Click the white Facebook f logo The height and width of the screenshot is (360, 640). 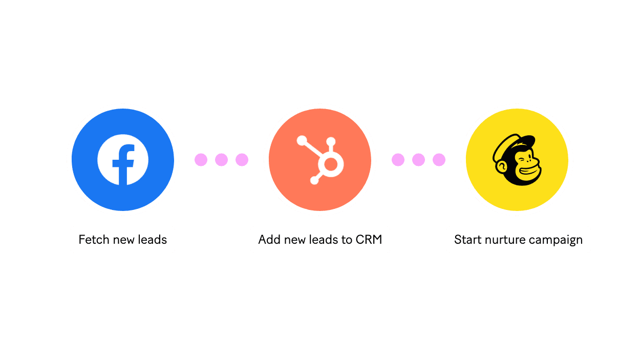pyautogui.click(x=123, y=160)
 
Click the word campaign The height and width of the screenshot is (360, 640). pyautogui.click(x=556, y=240)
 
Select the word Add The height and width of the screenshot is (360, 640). pyautogui.click(x=269, y=240)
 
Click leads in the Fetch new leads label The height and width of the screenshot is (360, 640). pyautogui.click(x=153, y=240)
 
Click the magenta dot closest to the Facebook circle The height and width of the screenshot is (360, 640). pyautogui.click(x=201, y=160)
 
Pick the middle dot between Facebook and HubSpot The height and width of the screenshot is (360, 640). pyautogui.click(x=221, y=160)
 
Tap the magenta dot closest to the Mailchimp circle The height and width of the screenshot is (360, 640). pyautogui.click(x=439, y=160)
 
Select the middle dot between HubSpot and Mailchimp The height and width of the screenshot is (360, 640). pyautogui.click(x=418, y=160)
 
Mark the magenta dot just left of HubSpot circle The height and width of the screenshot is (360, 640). pyautogui.click(x=242, y=160)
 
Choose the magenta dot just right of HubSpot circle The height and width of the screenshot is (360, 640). pyautogui.click(x=398, y=160)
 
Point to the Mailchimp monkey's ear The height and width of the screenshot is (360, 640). pyautogui.click(x=501, y=166)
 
